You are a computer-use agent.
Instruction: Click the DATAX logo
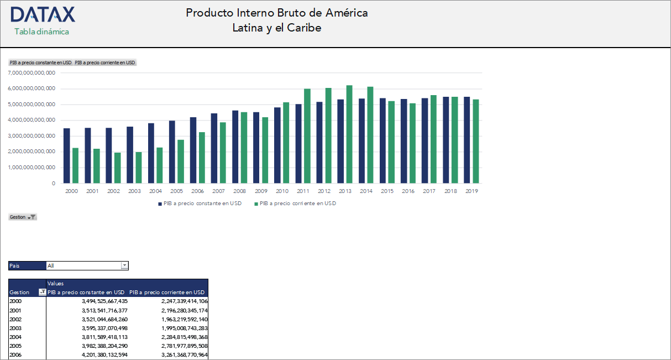coord(43,15)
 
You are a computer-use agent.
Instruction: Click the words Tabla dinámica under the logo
coord(42,32)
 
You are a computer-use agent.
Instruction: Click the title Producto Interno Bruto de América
coord(276,13)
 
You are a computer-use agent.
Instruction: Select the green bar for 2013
coord(349,134)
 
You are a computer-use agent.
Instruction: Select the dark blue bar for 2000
coord(67,155)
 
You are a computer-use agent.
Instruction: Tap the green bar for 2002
coord(117,168)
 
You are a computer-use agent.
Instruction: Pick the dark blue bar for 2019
coord(466,140)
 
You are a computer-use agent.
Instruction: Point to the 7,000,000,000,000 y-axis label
coord(33,72)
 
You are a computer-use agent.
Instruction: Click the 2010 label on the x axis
coord(282,191)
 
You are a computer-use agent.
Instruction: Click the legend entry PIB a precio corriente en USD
coord(297,204)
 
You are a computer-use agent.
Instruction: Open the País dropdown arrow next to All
coord(124,265)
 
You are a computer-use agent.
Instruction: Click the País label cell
coord(27,265)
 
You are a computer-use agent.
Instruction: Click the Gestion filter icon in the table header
coord(42,293)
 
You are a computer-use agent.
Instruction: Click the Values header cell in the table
coord(56,283)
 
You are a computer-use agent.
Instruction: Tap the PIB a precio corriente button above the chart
coord(105,62)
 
